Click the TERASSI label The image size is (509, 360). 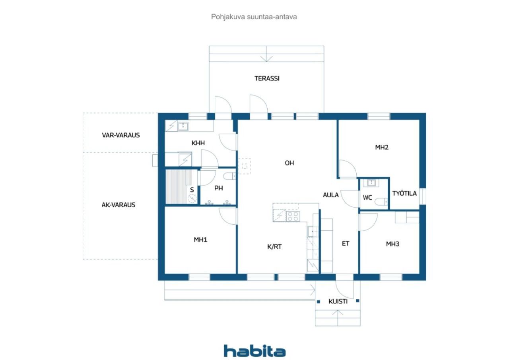[267, 78]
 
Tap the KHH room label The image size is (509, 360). [198, 143]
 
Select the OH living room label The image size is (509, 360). [289, 163]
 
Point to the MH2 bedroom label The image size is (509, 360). [382, 147]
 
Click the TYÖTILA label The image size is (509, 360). [404, 193]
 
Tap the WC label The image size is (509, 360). [367, 197]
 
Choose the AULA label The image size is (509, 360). [331, 195]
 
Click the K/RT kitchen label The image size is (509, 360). [274, 247]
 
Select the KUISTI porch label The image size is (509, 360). [338, 302]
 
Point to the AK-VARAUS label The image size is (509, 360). [119, 205]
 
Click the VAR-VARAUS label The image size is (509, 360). [121, 135]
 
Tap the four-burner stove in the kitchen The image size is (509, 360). [293, 216]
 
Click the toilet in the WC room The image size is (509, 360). [381, 202]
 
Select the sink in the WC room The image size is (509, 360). [371, 183]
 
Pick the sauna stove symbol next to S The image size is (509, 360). [192, 198]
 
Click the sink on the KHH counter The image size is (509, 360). [183, 126]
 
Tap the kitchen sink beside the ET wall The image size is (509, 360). [313, 232]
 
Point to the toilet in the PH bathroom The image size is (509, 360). [230, 176]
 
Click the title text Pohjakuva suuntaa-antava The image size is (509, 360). [254, 17]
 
